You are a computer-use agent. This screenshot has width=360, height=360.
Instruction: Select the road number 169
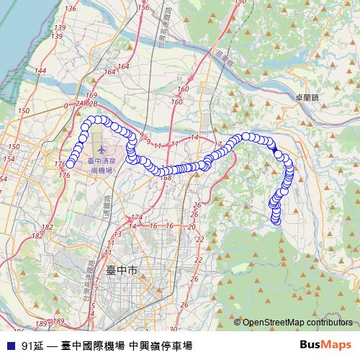coord(91,96)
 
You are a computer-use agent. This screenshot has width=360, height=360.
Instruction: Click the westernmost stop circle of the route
coord(70,165)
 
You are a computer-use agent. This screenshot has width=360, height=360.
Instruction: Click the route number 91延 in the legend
coord(32,346)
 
